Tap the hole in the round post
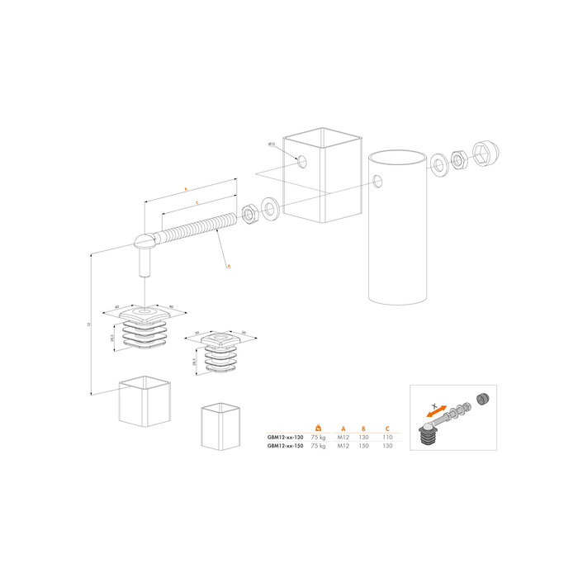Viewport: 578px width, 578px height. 377,181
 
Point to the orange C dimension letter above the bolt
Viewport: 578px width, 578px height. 195,201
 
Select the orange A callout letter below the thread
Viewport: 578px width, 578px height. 228,266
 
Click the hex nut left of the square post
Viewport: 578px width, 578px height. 247,216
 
